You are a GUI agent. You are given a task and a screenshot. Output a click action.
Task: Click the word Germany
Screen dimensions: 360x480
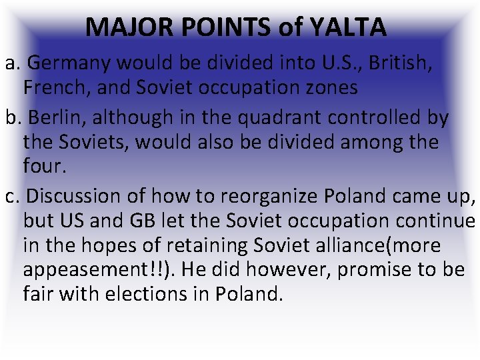pos(71,64)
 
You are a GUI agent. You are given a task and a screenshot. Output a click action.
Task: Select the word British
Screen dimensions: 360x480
pos(400,63)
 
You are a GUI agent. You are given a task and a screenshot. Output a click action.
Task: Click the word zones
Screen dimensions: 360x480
pos(330,87)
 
